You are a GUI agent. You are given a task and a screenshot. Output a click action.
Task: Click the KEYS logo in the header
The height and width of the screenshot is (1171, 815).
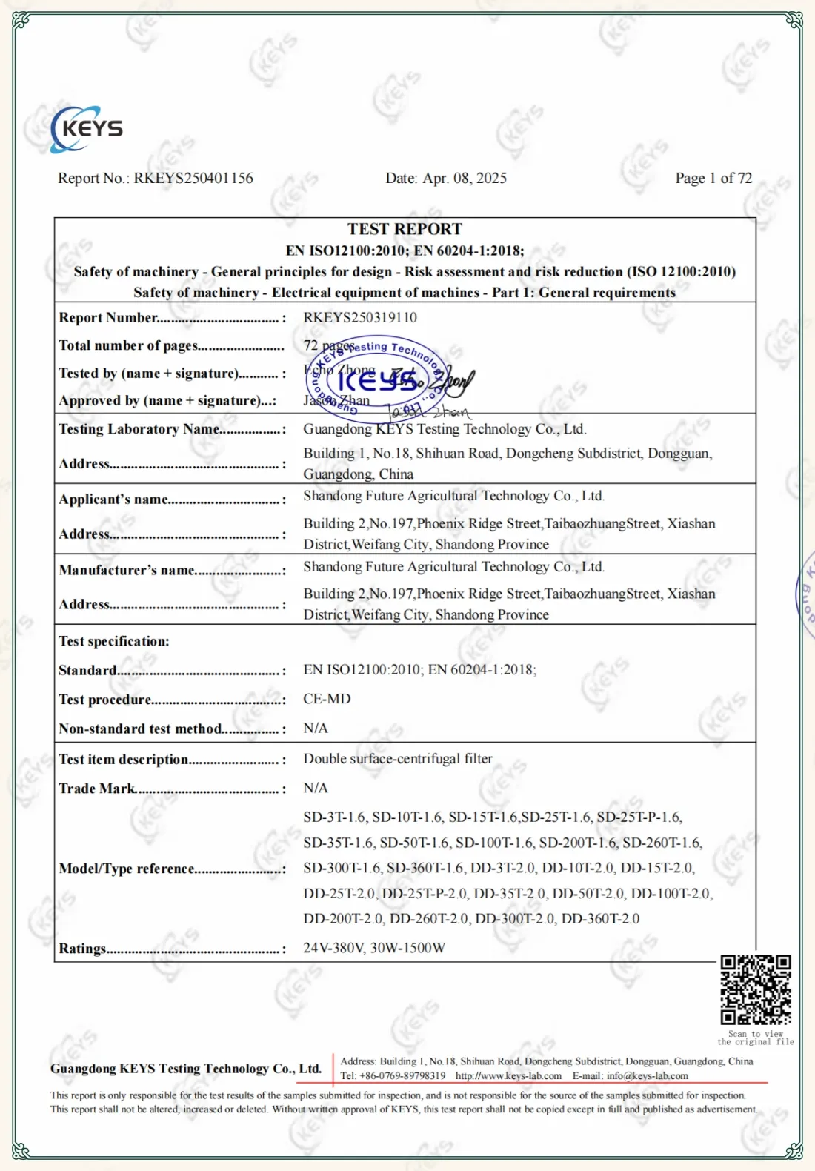pos(87,129)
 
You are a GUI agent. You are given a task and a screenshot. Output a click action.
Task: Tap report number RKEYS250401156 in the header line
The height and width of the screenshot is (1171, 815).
pos(193,178)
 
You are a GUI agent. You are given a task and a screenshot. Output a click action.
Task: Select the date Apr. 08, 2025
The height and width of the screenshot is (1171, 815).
pos(465,178)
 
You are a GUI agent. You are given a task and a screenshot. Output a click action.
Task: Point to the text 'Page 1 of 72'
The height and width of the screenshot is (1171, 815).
pos(713,178)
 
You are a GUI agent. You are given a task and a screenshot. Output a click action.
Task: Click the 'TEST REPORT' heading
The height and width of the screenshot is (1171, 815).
pos(405,229)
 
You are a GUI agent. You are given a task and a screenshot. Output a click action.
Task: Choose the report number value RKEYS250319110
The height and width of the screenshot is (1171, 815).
pos(360,317)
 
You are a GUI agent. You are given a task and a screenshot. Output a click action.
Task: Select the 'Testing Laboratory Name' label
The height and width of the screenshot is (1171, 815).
pos(139,429)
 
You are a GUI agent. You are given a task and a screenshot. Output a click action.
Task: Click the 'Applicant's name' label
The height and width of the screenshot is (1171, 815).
pos(114,500)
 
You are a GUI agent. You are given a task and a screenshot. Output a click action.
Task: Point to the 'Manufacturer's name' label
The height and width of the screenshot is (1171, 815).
pos(127,570)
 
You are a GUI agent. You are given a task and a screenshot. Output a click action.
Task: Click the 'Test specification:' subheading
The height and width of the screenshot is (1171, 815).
pos(114,641)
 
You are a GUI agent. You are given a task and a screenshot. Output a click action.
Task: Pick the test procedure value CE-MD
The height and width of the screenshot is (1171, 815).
pos(327,699)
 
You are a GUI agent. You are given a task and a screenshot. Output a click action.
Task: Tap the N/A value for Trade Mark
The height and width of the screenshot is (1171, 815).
pos(316,788)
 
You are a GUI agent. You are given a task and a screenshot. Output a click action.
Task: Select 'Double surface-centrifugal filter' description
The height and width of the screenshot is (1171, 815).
pos(398,759)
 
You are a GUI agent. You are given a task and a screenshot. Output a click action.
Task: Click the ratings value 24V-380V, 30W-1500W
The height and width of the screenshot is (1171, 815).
pos(374,948)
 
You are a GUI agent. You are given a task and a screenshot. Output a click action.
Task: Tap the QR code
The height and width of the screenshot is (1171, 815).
pos(756,990)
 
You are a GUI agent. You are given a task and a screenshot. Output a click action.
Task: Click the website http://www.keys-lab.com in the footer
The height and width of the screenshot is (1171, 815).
pos(508,1076)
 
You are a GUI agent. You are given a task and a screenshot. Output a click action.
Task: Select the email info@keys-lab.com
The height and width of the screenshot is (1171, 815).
pos(648,1076)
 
